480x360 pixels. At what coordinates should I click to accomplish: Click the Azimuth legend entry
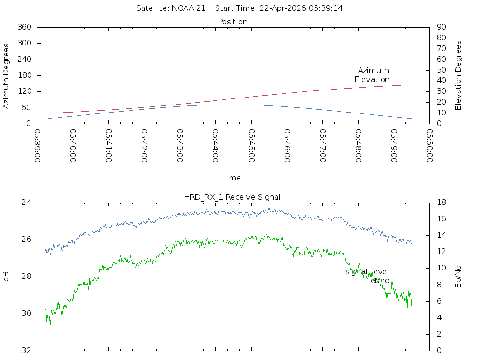(x=374, y=71)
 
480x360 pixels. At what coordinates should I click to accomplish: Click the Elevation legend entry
(x=372, y=80)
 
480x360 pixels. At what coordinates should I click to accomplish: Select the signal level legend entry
(x=367, y=272)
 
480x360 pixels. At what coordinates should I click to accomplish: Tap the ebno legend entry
(x=380, y=281)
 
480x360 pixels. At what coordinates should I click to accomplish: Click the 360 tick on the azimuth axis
(x=24, y=27)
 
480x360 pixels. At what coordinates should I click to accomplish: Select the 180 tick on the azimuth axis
(x=24, y=75)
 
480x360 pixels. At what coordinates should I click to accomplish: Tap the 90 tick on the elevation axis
(x=441, y=27)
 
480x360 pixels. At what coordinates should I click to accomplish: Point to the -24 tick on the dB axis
(x=24, y=202)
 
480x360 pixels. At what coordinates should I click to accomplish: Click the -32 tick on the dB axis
(x=24, y=350)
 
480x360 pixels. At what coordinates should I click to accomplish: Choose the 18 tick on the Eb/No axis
(x=442, y=202)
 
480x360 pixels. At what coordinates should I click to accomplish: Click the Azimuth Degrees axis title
(x=7, y=75)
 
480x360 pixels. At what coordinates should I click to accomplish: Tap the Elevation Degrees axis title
(x=458, y=75)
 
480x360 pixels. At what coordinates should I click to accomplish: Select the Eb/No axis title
(x=458, y=277)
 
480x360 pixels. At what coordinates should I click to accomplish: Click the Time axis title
(x=232, y=178)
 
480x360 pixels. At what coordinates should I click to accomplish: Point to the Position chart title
(x=233, y=22)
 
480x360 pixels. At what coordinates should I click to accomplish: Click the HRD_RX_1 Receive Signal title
(x=232, y=197)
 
